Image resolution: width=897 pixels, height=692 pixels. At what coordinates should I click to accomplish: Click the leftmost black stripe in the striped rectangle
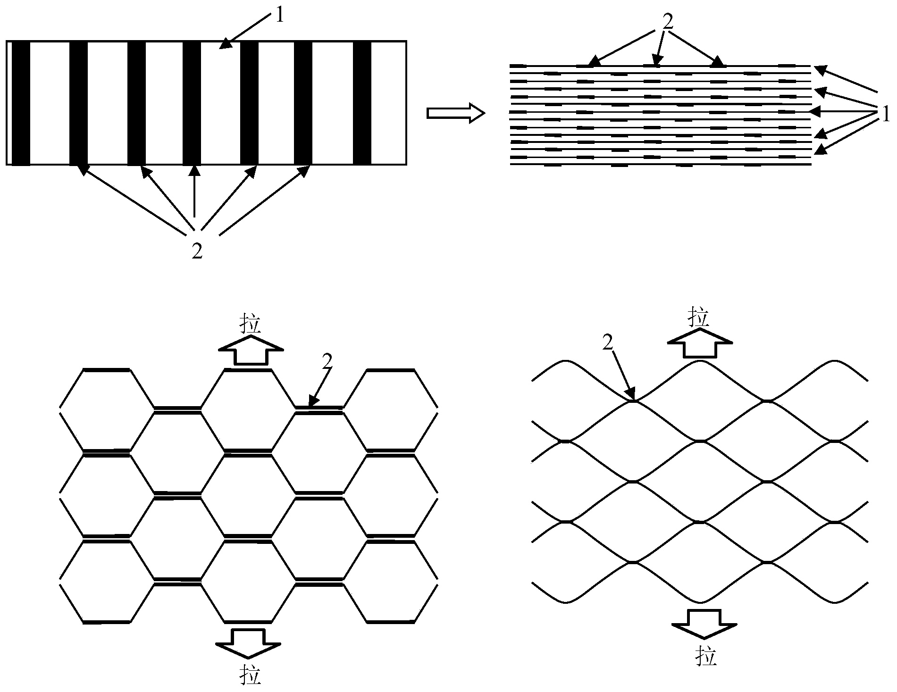click(21, 103)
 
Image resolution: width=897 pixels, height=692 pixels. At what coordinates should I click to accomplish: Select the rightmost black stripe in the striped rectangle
click(362, 103)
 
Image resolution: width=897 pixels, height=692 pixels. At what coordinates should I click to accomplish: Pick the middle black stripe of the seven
click(192, 103)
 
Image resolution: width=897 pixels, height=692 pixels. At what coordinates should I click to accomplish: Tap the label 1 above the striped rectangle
click(280, 16)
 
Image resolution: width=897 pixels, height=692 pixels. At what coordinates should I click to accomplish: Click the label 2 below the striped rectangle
click(197, 251)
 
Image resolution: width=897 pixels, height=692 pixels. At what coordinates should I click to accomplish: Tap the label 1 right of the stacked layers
click(886, 114)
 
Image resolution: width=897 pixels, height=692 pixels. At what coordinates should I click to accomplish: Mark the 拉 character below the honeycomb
click(250, 675)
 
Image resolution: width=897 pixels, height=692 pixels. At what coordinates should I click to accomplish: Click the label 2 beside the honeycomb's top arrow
click(327, 362)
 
